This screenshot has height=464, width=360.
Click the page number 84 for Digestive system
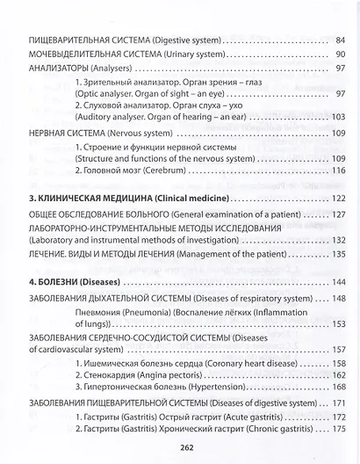pos(341,40)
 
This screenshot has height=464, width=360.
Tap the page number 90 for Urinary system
pos(341,55)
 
